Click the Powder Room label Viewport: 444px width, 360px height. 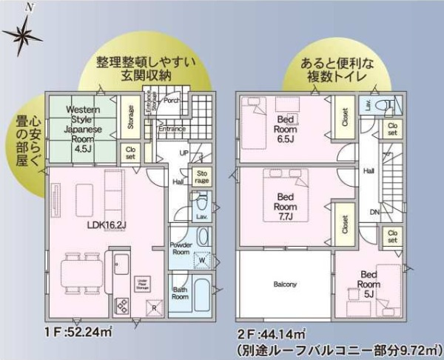coord(181,247)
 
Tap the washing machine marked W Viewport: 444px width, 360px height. coord(202,260)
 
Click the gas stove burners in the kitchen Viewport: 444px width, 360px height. coord(122,305)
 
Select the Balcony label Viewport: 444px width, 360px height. coord(285,284)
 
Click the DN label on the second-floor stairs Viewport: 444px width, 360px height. coord(374,211)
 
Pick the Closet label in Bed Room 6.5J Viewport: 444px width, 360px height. coord(345,116)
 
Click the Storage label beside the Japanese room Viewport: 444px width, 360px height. coord(130,118)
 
